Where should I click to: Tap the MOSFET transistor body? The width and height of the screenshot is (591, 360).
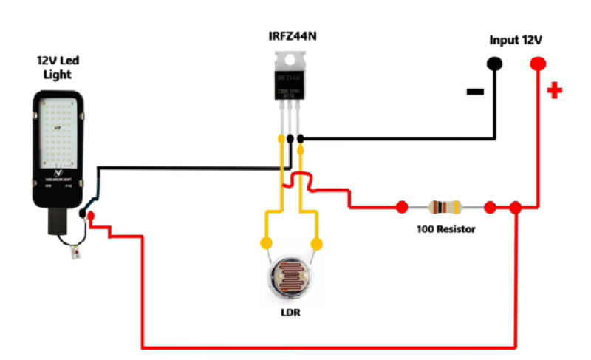click(290, 83)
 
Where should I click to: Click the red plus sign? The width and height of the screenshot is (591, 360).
click(554, 91)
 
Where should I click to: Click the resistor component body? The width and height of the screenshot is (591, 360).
click(445, 207)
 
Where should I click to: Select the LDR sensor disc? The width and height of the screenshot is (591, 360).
click(291, 279)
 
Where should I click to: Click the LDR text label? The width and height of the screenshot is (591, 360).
click(290, 313)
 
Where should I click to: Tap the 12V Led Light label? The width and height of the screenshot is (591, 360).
click(57, 67)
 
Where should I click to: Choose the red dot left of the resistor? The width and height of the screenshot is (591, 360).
click(402, 207)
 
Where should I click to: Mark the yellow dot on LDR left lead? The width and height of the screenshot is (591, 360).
click(264, 243)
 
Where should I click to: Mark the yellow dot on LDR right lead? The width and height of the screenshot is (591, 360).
click(318, 243)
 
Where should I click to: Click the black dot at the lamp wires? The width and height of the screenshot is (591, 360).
click(82, 214)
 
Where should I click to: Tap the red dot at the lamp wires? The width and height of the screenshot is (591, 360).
click(92, 217)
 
